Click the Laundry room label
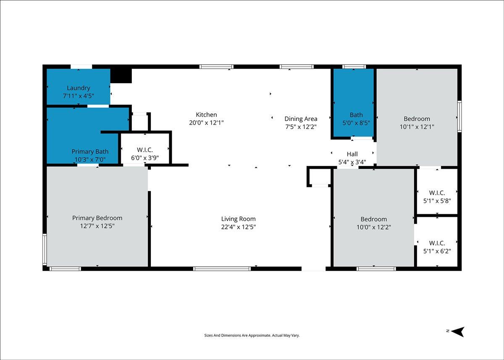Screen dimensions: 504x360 78,88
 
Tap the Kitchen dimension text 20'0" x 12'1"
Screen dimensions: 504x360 206,123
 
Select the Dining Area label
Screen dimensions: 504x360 301,119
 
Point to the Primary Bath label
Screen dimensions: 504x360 90,152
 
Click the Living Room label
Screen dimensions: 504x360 238,219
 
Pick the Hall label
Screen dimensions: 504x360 352,154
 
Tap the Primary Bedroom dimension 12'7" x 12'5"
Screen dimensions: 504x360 97,226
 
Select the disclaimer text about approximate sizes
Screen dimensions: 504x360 252,335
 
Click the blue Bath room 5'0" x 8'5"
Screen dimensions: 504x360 354,102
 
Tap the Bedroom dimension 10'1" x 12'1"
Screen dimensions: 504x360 417,127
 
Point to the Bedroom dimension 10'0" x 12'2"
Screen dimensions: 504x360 373,227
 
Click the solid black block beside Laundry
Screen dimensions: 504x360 121,76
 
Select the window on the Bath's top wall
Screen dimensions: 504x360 354,67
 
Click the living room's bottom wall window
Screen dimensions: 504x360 222,269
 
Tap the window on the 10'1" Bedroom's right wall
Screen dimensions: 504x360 459,116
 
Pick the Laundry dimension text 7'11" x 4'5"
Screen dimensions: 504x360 78,96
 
